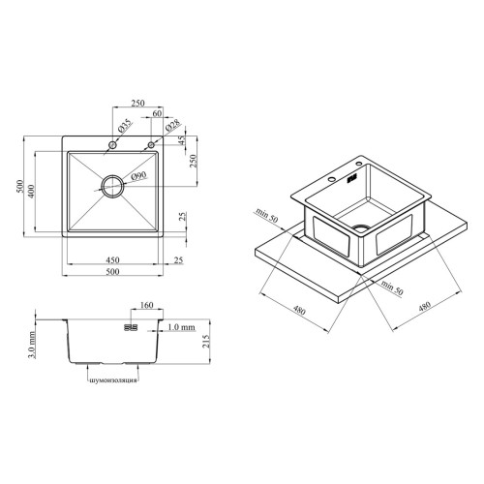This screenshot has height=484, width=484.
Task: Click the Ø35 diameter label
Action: (125, 126)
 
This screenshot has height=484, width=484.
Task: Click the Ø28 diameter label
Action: (173, 127)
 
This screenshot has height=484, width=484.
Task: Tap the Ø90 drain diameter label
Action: (139, 176)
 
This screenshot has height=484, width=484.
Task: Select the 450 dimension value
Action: (112, 259)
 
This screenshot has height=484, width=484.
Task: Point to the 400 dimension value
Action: (31, 191)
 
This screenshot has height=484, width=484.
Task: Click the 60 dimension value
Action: (157, 113)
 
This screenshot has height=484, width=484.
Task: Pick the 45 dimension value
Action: (182, 139)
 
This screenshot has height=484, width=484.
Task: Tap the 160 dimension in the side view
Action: (147, 305)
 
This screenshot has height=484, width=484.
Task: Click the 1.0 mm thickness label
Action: (182, 327)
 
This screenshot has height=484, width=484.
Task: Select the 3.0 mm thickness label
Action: (32, 345)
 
